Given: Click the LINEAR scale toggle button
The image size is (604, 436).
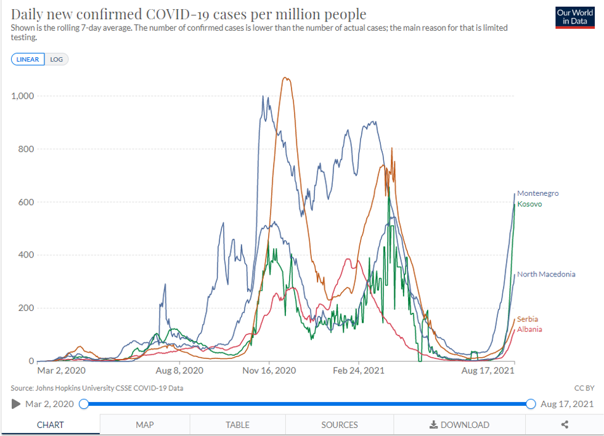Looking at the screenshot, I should (28, 60).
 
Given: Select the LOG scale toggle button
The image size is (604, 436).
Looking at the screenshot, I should (57, 60).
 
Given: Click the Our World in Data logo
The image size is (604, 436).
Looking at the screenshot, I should (574, 18).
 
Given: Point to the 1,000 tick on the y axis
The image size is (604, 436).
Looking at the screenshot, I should (23, 96).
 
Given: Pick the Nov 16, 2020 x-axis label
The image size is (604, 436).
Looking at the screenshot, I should (269, 371).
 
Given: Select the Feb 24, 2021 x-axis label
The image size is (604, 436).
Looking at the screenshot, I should (359, 371).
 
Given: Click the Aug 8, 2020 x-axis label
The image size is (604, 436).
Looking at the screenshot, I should (179, 371).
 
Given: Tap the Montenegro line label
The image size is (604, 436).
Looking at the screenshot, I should (537, 193).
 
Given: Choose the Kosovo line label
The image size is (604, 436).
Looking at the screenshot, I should (529, 204).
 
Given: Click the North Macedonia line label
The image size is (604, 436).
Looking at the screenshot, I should (546, 274).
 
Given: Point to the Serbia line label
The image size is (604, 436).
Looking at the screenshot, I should (528, 319).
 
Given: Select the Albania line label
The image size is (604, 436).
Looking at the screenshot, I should (529, 329).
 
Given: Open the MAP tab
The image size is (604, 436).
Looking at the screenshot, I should (145, 425).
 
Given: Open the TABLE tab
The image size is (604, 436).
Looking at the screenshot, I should (237, 425).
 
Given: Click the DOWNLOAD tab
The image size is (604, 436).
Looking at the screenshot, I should (459, 425).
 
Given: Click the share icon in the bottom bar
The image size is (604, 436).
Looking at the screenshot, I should (565, 425).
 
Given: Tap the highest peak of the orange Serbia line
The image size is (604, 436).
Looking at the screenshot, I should (285, 78).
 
